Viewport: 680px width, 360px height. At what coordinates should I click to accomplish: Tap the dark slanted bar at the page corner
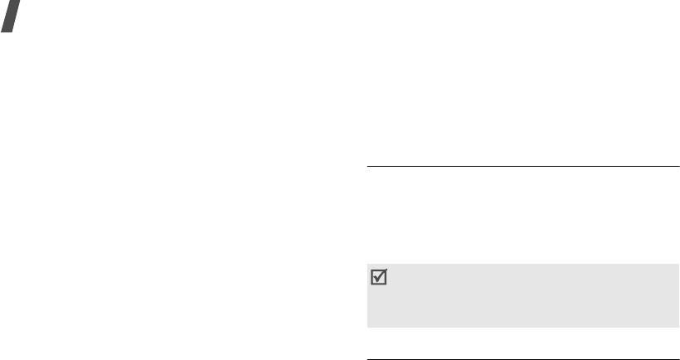click(x=12, y=16)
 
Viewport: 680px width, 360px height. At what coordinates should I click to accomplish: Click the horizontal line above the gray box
click(x=522, y=167)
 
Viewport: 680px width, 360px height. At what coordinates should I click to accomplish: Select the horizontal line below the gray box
click(x=522, y=359)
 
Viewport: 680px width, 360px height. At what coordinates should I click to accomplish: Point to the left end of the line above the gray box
click(x=367, y=167)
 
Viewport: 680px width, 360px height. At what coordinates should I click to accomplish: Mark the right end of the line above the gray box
click(x=678, y=167)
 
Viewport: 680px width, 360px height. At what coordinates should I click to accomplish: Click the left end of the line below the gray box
click(x=367, y=359)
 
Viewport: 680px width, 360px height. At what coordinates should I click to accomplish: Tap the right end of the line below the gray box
click(x=678, y=359)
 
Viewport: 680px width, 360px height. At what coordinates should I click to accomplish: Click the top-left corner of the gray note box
click(x=367, y=265)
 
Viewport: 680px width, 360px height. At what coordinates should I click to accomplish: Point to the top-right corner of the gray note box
click(x=678, y=265)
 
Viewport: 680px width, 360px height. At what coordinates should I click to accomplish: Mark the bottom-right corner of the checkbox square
click(x=384, y=287)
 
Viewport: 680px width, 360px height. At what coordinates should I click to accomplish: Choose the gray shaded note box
click(x=522, y=296)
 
